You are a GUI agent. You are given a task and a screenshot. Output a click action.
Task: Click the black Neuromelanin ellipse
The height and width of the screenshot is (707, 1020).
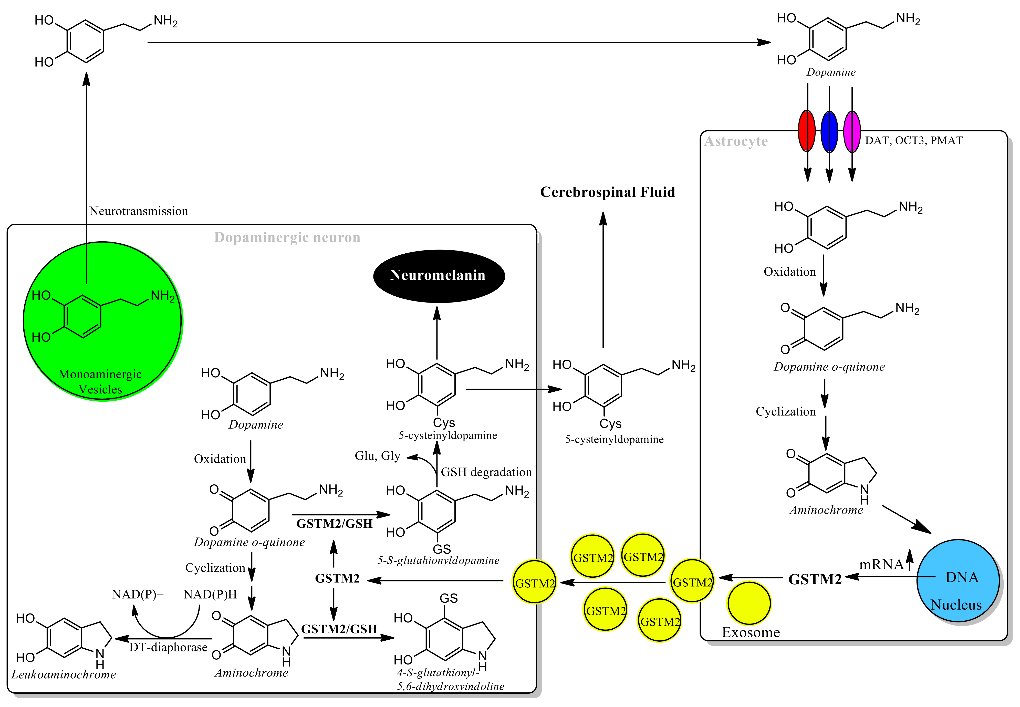[439, 276]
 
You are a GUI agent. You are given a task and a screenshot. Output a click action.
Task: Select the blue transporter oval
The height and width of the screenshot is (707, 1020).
[829, 132]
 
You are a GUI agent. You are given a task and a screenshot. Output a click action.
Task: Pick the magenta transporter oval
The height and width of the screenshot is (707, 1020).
[852, 132]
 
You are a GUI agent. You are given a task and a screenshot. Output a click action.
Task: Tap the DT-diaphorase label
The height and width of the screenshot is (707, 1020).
[168, 647]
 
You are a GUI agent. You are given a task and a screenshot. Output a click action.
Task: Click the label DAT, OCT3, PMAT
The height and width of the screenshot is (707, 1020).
[914, 140]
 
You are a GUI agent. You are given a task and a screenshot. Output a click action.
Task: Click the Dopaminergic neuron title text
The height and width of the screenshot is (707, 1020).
[287, 237]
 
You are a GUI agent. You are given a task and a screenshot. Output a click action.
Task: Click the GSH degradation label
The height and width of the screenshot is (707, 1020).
[486, 472]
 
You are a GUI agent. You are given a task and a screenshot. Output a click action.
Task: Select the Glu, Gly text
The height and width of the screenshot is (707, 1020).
[377, 456]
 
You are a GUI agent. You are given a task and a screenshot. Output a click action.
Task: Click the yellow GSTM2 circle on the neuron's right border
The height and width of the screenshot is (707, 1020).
[535, 582]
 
